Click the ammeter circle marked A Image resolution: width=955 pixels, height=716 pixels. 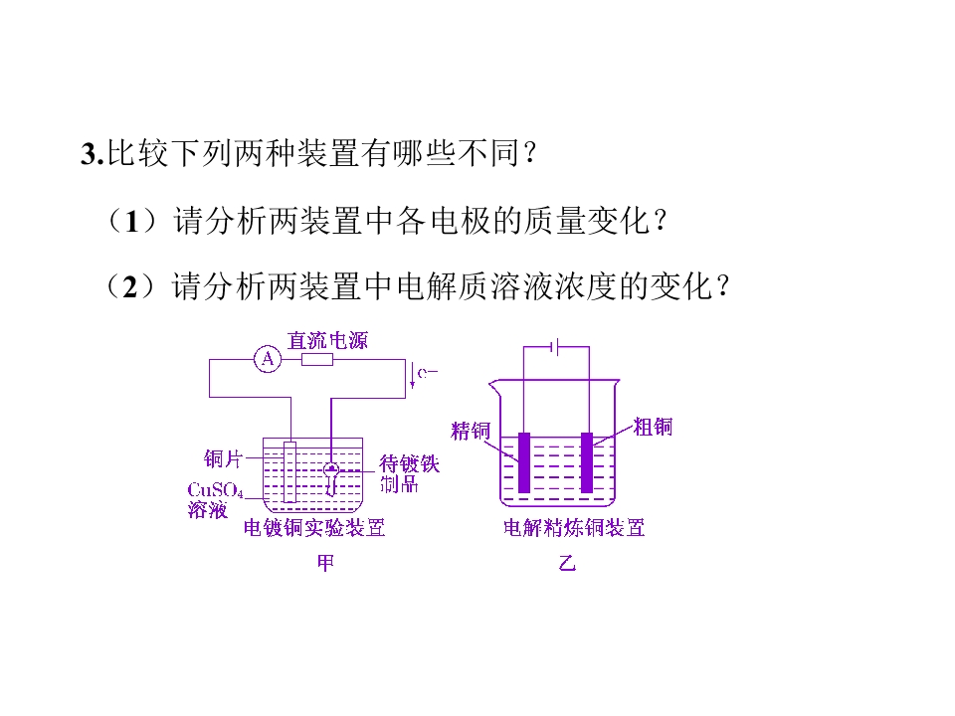(x=268, y=359)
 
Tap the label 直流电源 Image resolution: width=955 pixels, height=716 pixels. (x=327, y=340)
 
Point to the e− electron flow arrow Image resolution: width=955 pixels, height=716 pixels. (x=412, y=375)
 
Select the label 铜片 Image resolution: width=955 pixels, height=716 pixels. (x=223, y=458)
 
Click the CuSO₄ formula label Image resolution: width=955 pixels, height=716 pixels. (x=215, y=490)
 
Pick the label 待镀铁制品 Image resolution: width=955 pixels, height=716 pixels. (x=409, y=473)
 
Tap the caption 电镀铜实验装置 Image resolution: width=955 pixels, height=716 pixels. (x=314, y=527)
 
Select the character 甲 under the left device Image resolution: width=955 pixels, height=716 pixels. (x=326, y=563)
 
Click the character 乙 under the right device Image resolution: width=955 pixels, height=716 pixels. (x=567, y=563)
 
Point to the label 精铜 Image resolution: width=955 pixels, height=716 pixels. (x=471, y=431)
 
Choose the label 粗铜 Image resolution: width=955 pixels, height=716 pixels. (x=653, y=427)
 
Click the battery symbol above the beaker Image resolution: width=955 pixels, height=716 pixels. (x=555, y=346)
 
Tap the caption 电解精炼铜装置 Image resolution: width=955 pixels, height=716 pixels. (x=574, y=527)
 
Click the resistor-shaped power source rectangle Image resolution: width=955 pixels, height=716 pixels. (x=317, y=359)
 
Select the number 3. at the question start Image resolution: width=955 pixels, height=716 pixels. (x=93, y=153)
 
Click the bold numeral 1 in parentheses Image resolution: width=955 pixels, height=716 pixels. (x=132, y=221)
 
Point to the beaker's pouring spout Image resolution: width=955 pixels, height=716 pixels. (x=494, y=386)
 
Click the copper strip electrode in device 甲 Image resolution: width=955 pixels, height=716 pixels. (x=289, y=471)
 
